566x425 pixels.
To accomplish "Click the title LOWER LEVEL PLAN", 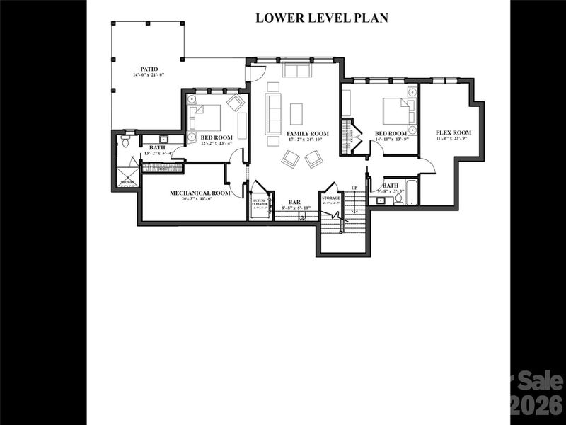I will pos(321,18).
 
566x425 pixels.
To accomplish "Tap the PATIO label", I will pos(149,68).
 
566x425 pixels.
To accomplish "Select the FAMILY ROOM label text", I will pos(308,133).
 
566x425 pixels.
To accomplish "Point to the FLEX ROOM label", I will pos(454,132).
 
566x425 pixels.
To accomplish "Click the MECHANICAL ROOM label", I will pos(200,193).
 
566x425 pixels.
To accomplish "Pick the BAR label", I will pos(294,203).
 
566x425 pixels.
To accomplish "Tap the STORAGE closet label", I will pos(331,198).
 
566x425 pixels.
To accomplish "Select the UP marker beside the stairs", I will pos(354,188).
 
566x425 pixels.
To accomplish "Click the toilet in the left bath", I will pos(125,142).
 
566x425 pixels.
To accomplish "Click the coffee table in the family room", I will pos(296,114).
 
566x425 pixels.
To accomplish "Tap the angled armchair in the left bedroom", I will pos(236,103).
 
